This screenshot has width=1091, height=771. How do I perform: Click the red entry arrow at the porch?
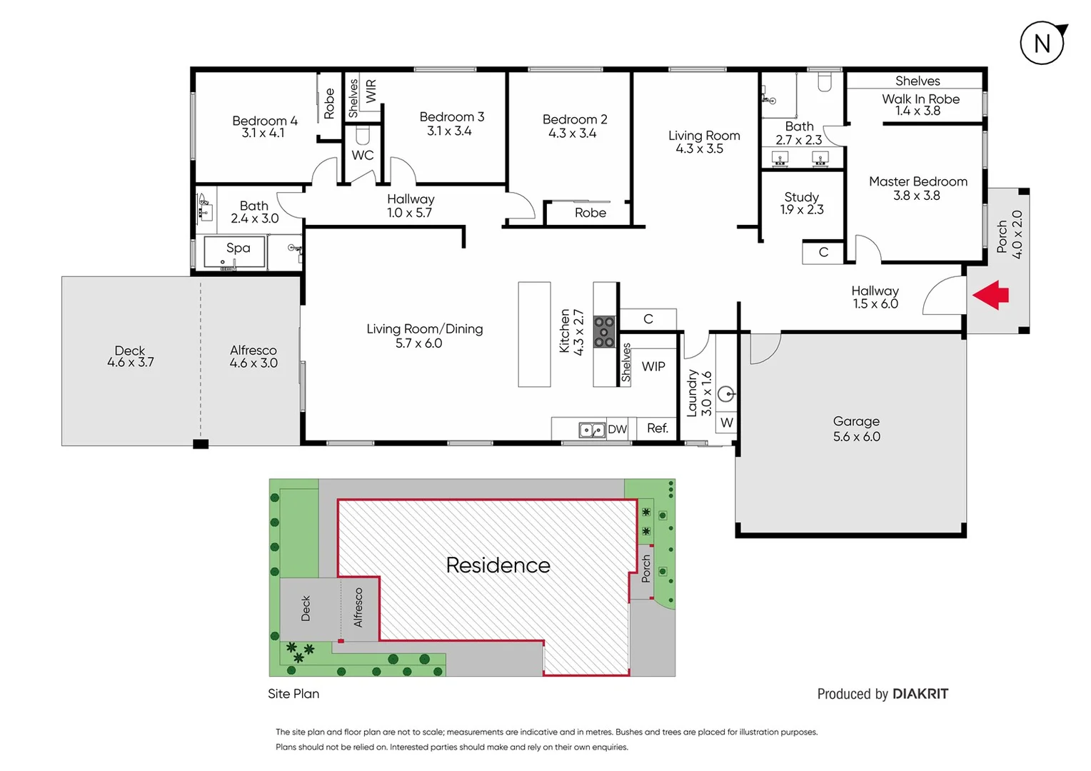991,295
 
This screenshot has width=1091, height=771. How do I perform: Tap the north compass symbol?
1042,44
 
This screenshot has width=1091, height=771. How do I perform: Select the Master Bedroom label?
917,181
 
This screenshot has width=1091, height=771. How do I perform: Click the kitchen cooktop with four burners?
604,332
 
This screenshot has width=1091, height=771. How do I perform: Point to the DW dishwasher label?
617,429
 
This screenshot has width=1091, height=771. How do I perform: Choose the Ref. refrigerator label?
657,428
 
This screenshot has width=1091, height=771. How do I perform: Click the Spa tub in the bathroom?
235,251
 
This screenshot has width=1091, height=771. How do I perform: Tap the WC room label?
362,155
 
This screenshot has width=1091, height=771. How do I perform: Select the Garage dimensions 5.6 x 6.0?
856,436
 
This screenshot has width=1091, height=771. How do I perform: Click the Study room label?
801,197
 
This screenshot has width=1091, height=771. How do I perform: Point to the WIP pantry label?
653,366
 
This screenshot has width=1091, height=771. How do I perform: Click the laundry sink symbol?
725,393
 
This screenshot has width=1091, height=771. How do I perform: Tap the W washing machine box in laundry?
726,423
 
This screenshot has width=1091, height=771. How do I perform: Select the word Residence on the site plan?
498,565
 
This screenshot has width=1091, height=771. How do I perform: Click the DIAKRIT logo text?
920,694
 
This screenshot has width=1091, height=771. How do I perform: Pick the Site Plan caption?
293,693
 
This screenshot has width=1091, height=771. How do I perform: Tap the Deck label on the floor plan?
130,350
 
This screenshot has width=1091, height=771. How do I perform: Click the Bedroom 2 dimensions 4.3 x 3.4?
572,133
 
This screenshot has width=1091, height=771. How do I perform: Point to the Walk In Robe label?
920,99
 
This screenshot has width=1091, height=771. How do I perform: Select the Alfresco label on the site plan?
358,608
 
